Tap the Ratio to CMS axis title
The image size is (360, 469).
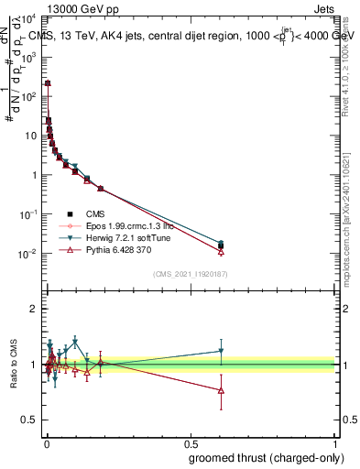pyautogui.click(x=13, y=365)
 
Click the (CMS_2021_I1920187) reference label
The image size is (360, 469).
pyautogui.click(x=191, y=273)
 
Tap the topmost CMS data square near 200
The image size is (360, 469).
pyautogui.click(x=48, y=83)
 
